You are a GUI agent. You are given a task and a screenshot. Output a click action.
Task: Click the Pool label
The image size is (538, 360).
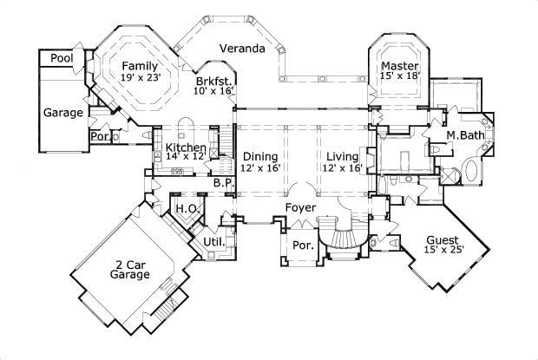61,58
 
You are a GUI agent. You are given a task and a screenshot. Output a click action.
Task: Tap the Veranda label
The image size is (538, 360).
241,49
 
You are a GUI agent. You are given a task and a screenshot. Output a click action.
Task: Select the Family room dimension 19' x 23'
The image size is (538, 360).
142,78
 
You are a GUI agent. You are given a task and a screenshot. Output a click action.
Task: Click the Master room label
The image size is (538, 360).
399,66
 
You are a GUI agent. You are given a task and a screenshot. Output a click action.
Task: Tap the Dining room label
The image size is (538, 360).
259,156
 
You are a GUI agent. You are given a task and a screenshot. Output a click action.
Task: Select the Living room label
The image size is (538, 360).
344,156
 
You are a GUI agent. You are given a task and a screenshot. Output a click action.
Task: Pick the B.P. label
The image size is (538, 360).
223,183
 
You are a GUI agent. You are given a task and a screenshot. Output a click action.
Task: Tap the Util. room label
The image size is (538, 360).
213,241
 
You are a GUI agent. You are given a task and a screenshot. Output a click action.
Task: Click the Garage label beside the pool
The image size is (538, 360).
63,113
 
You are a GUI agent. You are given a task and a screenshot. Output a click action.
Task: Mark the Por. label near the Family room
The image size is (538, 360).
99,136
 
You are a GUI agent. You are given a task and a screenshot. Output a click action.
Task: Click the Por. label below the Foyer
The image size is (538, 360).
302,245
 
